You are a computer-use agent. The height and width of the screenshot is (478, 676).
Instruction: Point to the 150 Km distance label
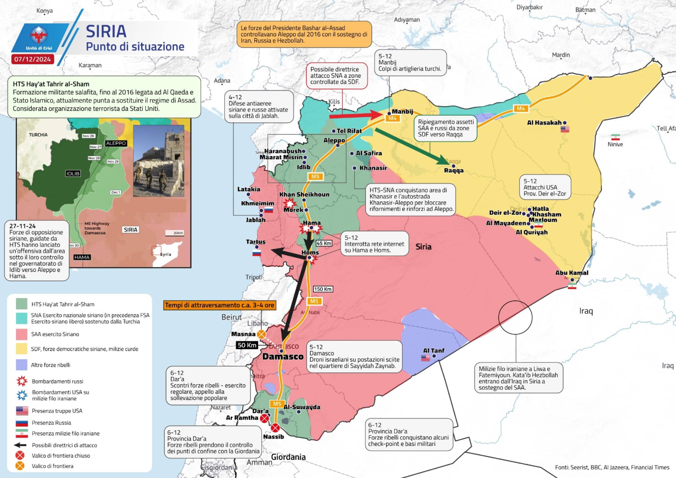323,289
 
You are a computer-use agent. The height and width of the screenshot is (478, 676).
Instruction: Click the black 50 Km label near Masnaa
247,345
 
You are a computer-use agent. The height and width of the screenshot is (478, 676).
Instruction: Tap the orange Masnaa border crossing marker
261,334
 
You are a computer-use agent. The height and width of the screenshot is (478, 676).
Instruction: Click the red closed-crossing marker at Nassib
275,427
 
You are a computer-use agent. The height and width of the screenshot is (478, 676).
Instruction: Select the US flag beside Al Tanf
425,358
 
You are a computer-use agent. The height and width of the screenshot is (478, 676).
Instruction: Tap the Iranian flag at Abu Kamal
572,286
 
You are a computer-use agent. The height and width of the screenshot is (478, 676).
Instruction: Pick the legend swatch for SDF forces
22,349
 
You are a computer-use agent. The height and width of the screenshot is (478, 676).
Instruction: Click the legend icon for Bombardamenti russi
22,381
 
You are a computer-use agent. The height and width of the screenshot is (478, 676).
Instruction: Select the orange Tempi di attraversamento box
220,305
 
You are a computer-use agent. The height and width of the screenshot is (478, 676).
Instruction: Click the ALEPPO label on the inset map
116,143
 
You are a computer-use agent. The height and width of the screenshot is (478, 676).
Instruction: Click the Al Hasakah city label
544,123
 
